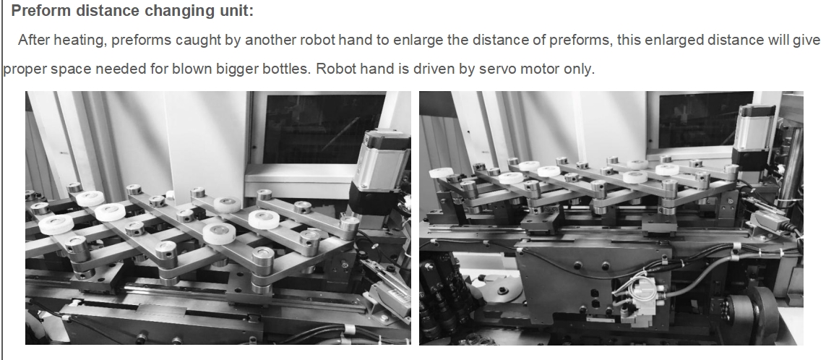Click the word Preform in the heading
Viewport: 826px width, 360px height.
tap(41, 11)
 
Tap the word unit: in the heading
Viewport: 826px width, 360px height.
tap(237, 11)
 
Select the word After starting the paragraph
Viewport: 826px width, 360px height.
tap(34, 40)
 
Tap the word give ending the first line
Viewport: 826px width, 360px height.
tap(807, 40)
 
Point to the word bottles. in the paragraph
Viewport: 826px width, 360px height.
tap(295, 69)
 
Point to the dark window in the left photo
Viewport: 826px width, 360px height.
tap(324, 129)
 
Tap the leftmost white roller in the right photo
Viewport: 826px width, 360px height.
tap(441, 172)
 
